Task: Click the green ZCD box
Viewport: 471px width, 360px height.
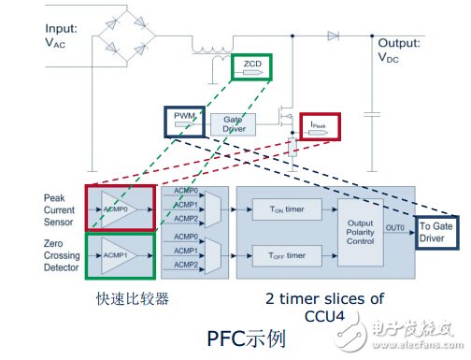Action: coord(251,65)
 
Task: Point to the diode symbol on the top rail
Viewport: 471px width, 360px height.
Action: coord(333,35)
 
